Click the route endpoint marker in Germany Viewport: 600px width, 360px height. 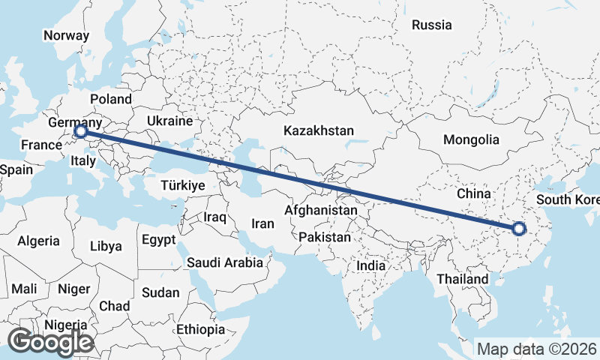point(81,133)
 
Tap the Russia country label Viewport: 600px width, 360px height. point(432,25)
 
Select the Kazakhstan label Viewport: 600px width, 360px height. point(319,130)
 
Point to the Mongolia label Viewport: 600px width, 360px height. point(471,139)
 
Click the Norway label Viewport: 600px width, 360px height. point(66,35)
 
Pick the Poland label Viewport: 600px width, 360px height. point(110,99)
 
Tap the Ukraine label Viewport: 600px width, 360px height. point(170,121)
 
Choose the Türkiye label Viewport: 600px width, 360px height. point(183,185)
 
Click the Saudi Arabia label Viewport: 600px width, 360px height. point(225,262)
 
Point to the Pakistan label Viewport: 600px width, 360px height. point(325,237)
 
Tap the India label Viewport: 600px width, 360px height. point(371,265)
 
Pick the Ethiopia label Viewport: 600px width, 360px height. point(201,329)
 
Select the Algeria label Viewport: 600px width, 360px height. point(39,241)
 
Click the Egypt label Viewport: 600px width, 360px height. point(158,240)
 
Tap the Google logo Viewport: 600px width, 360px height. point(50,342)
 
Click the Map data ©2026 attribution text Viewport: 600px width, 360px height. point(536,349)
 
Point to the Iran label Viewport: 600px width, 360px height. point(262,223)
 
